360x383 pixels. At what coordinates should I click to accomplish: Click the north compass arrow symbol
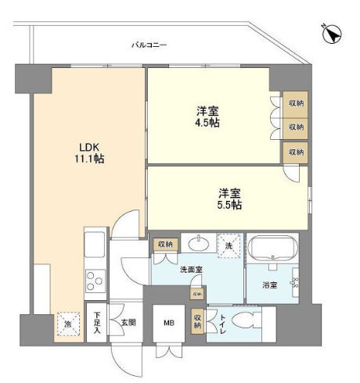point(331,34)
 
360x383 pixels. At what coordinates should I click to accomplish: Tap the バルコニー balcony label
point(149,46)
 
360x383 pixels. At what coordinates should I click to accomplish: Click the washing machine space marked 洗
point(230,245)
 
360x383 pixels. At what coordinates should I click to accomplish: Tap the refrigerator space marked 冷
point(68,323)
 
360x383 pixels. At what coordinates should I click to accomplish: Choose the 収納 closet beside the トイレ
point(196,320)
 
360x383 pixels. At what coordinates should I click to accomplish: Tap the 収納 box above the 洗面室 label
point(164,244)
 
